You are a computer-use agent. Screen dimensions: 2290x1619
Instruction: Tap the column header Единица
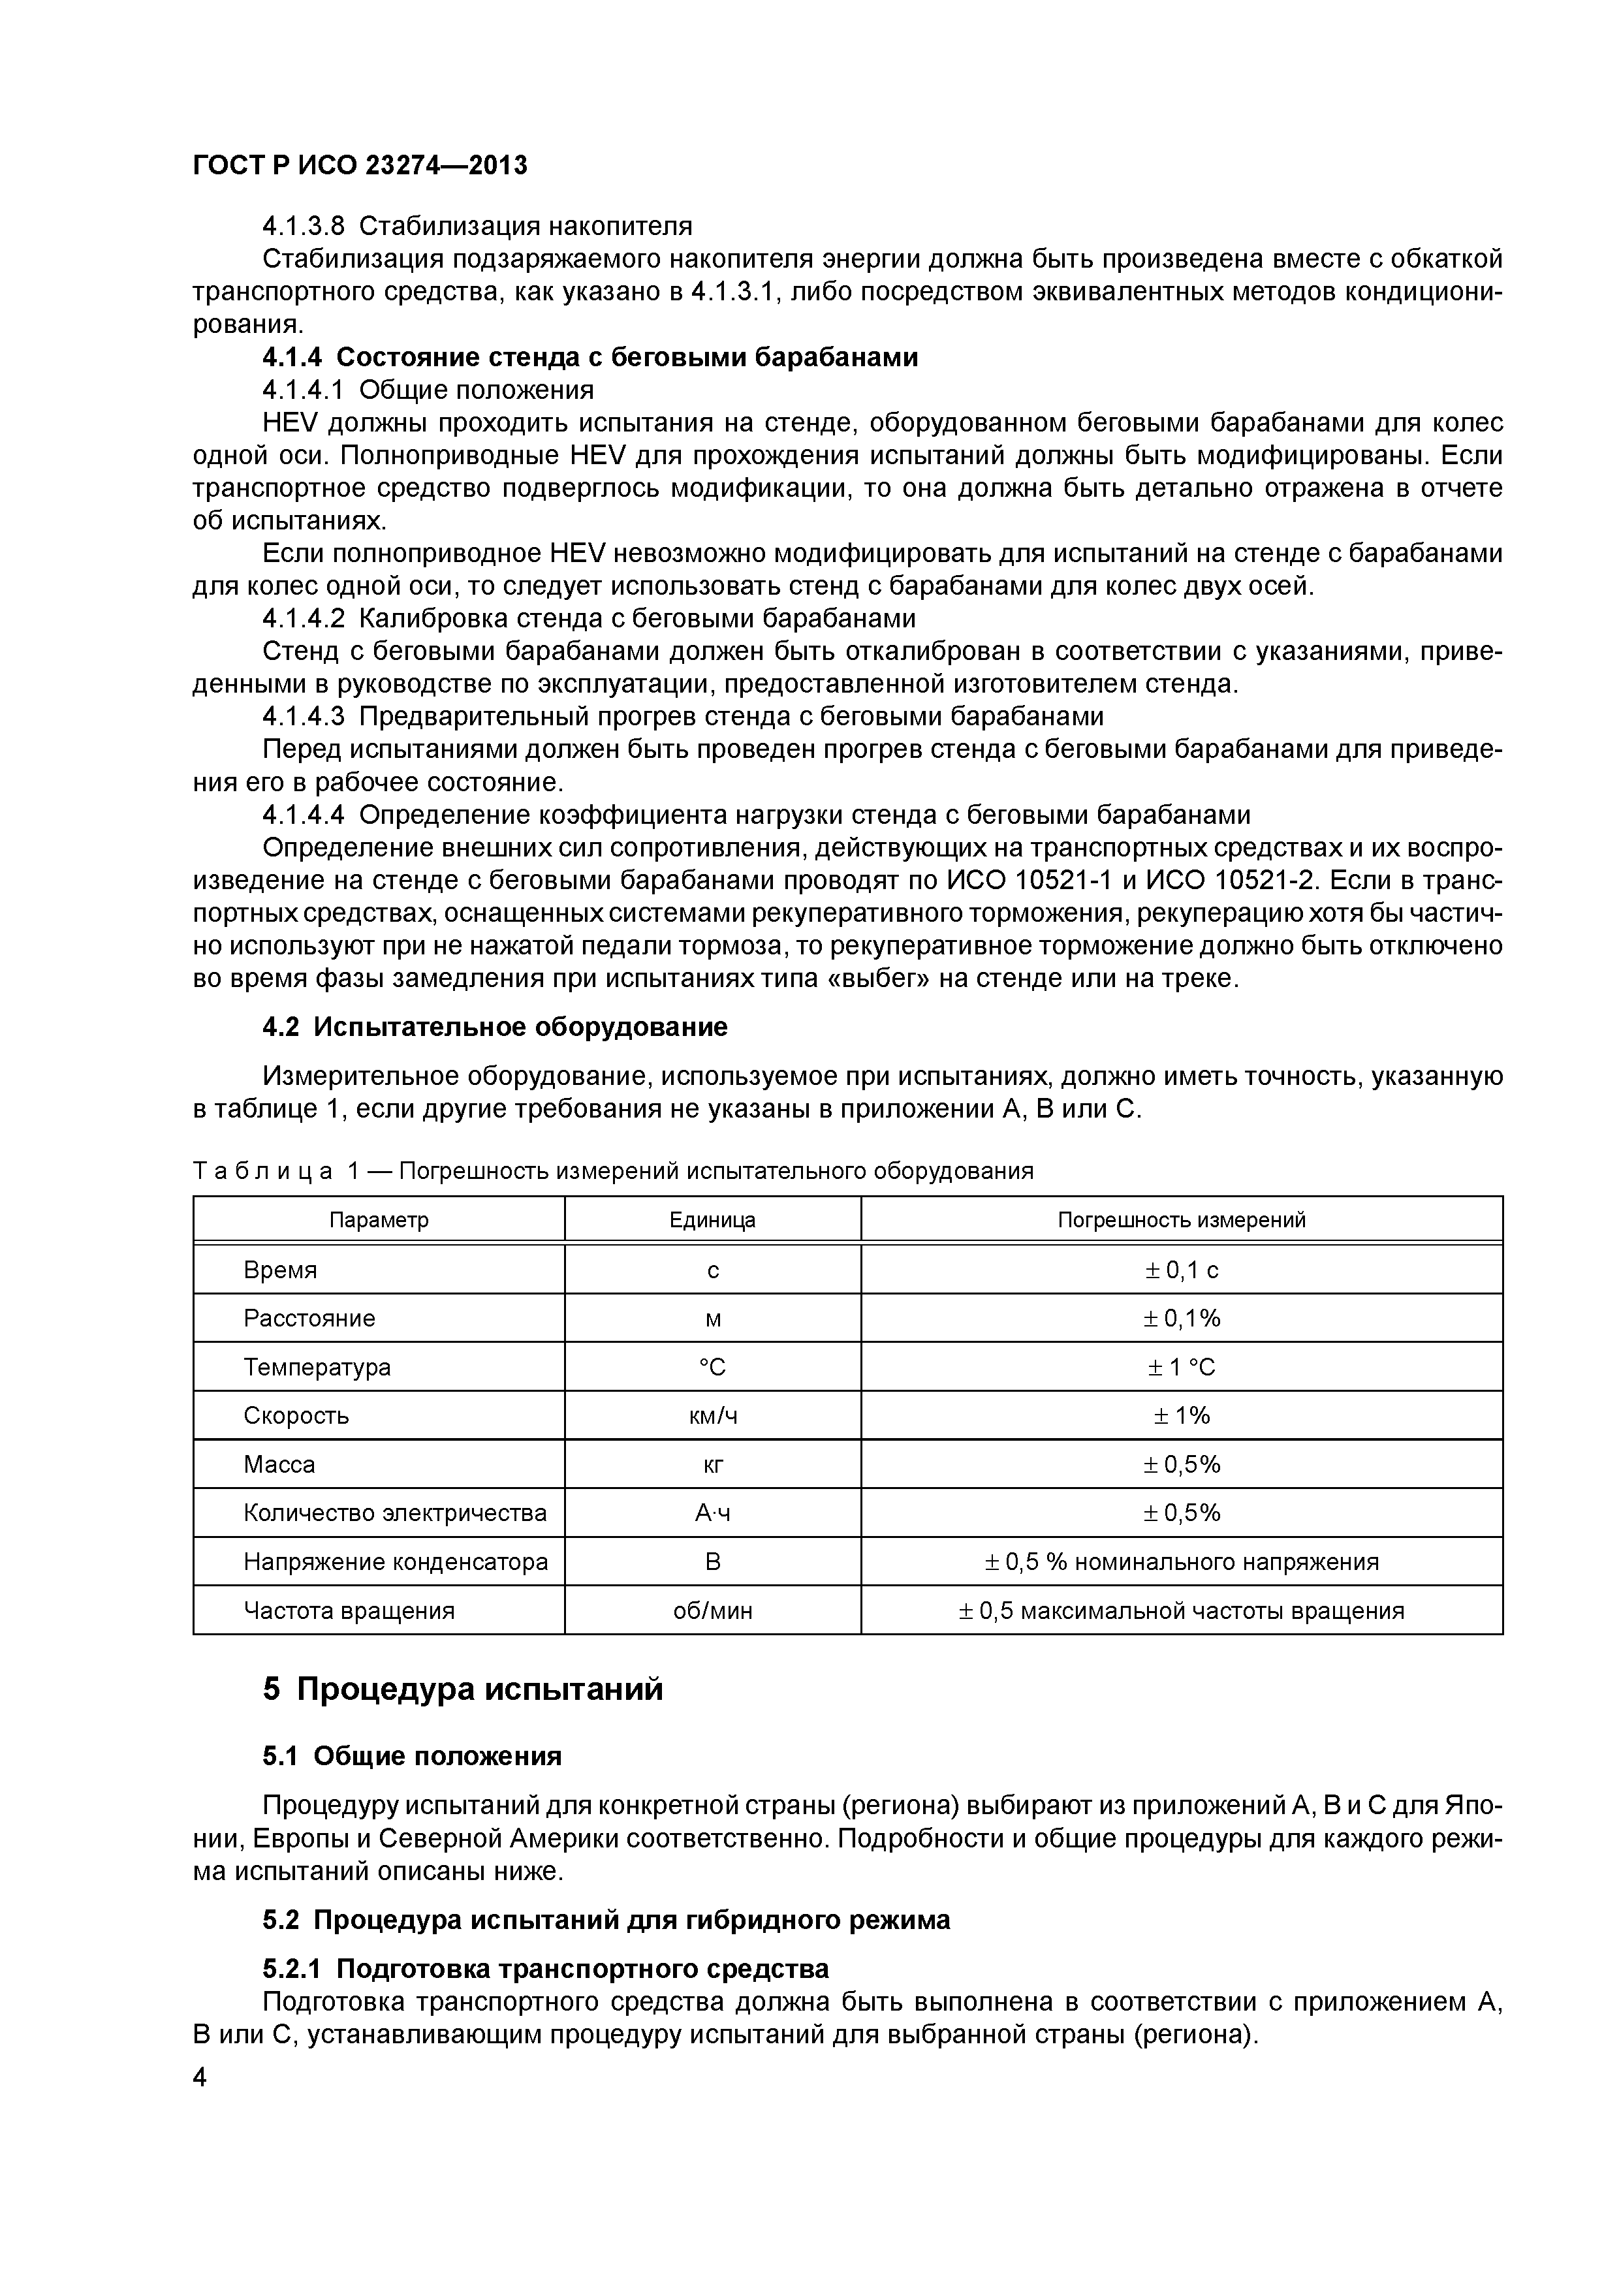[712, 1220]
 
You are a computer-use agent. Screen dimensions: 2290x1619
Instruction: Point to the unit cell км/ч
[712, 1415]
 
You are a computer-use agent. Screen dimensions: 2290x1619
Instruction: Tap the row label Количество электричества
[394, 1513]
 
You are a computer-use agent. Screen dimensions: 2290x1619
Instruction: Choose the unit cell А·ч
[712, 1513]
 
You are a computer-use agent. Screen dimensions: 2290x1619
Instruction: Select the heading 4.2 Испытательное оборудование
[495, 1027]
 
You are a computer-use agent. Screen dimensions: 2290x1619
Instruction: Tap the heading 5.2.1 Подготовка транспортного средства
[546, 1969]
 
